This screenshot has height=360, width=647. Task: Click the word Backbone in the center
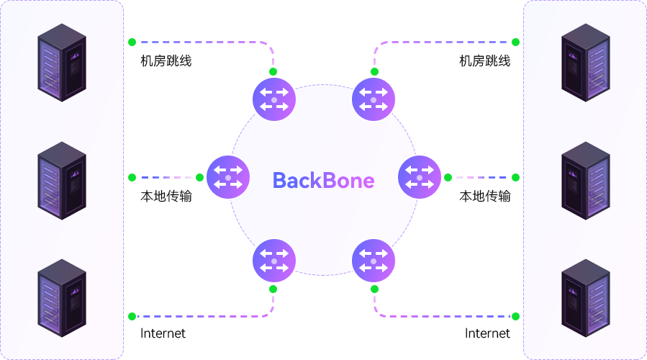coord(323,181)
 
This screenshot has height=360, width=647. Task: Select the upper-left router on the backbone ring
coord(274,99)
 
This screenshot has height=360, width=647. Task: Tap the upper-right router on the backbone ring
coord(374,99)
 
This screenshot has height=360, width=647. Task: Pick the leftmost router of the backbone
coord(228,177)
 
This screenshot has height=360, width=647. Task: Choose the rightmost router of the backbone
coord(419,177)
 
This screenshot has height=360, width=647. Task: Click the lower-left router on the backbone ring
coord(274,259)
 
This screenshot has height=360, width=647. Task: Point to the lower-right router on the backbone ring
coord(374,259)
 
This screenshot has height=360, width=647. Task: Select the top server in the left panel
coord(62,62)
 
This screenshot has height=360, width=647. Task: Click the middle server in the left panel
coord(62,180)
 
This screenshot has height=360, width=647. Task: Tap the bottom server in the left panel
coord(62,297)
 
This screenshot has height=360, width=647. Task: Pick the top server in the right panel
coord(585,62)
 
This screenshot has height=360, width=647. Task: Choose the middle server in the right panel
coord(585,180)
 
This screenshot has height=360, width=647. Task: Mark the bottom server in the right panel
coord(585,297)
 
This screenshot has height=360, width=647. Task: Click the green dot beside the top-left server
coord(132,42)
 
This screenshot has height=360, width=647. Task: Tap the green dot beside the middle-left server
coord(132,177)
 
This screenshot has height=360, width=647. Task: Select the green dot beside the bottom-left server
coord(132,316)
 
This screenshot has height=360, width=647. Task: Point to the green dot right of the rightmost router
coord(448,177)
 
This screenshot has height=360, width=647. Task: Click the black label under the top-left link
coord(166,60)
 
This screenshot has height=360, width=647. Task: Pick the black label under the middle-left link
coord(166,196)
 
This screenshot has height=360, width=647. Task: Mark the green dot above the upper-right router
coord(374,71)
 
